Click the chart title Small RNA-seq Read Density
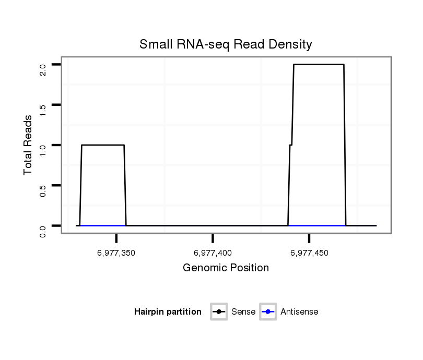[226, 44]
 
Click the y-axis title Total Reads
[29, 145]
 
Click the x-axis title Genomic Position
[226, 268]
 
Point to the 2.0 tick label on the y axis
[43, 69]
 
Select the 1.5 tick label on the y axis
[43, 110]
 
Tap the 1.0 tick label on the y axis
[43, 150]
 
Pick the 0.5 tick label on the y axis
[43, 190]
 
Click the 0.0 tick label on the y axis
[43, 231]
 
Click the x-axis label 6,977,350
[116, 253]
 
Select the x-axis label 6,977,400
[213, 253]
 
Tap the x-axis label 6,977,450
[309, 253]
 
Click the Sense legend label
[243, 312]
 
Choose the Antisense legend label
[299, 312]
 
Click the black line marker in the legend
[219, 312]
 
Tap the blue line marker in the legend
[268, 312]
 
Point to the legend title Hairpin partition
[168, 312]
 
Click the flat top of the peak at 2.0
[319, 65]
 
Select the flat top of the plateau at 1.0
[103, 145]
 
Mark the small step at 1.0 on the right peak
[291, 145]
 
